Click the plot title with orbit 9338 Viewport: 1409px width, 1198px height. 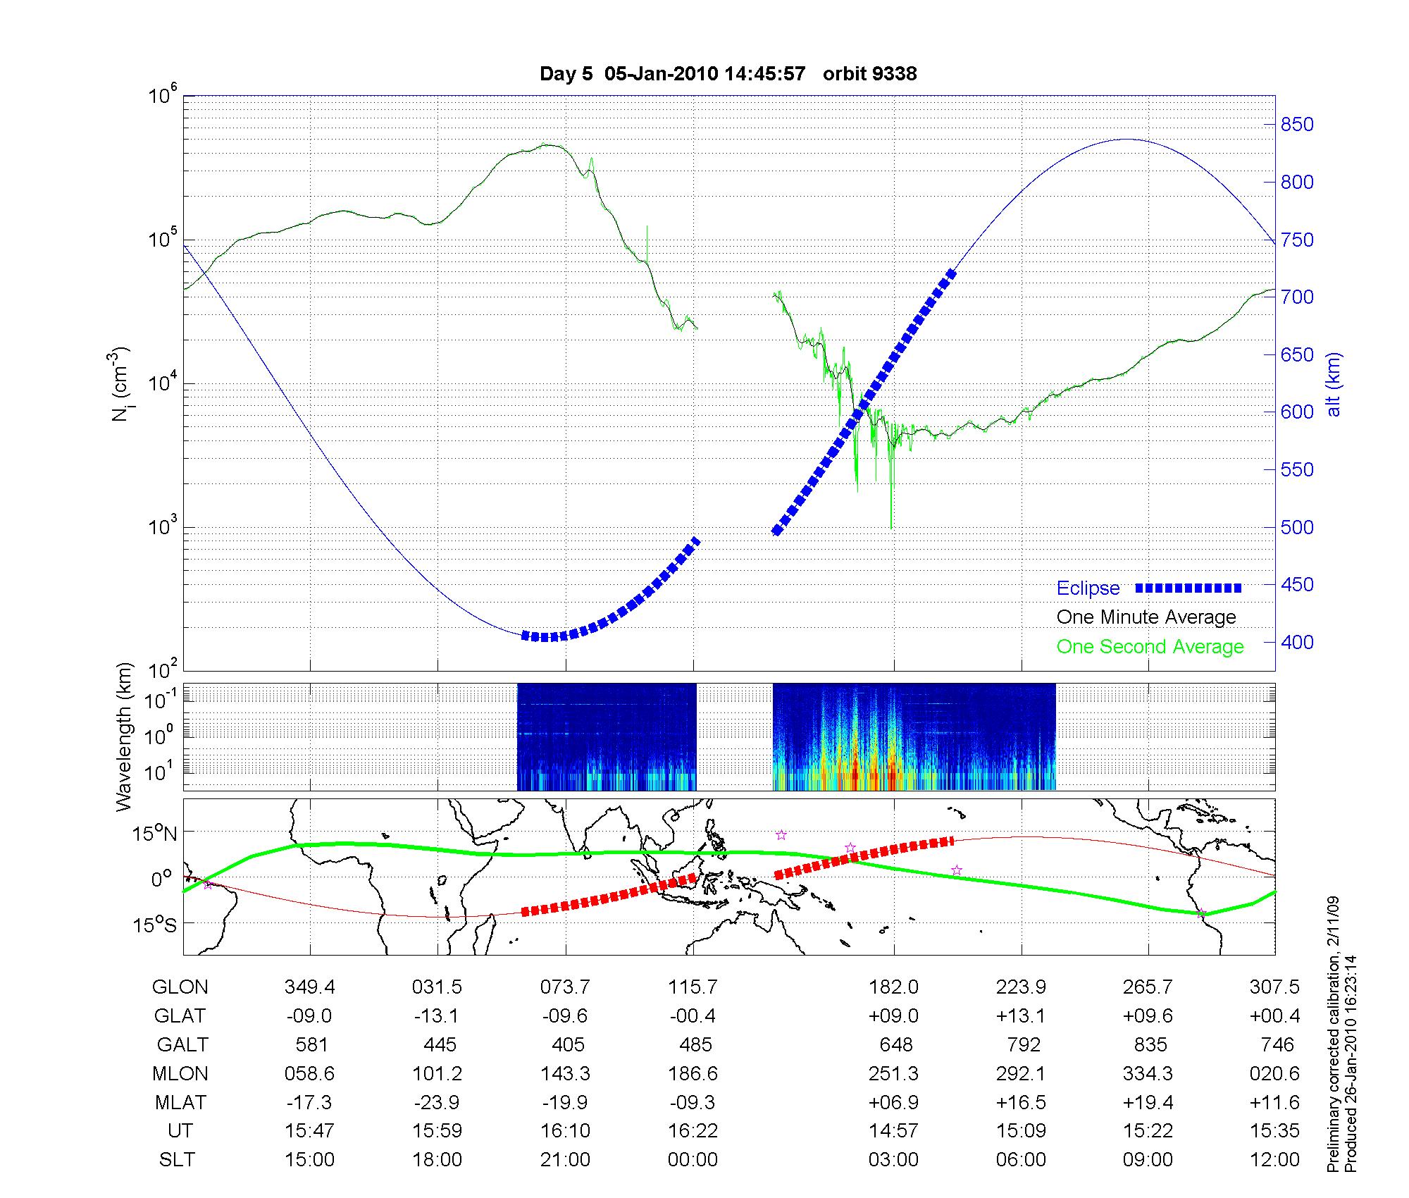coord(728,74)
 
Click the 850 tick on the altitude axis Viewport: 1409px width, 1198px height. coord(1297,125)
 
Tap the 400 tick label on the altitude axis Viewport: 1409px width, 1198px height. coord(1297,642)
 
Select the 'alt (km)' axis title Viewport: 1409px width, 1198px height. coord(1334,384)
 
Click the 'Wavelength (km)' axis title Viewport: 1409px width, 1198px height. coord(124,736)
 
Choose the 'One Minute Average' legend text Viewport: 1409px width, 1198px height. coord(1146,617)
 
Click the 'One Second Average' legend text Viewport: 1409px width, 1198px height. coord(1150,647)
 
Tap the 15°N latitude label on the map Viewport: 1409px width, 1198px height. coord(155,834)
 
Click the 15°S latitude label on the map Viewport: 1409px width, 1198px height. coord(155,924)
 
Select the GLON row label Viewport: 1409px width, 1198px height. coord(180,987)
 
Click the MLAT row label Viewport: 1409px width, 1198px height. coord(180,1102)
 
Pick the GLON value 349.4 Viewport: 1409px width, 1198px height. coord(309,987)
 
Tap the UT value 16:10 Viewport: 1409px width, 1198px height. coord(565,1131)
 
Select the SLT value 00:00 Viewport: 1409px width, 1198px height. coord(693,1160)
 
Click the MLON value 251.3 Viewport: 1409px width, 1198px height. coord(893,1073)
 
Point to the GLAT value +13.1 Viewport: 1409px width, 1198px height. coord(1021,1015)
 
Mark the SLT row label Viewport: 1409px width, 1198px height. coord(177,1160)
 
